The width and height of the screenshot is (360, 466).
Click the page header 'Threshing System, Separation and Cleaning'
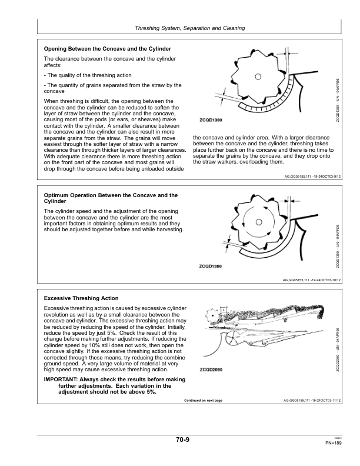(x=190, y=28)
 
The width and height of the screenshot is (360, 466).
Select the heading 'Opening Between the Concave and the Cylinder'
(x=108, y=48)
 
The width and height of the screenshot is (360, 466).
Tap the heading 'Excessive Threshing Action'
(x=81, y=298)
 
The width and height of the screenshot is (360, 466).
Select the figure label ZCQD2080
(x=211, y=370)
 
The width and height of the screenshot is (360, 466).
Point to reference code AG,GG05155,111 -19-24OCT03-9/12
(x=312, y=176)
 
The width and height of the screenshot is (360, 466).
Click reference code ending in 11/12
(x=312, y=400)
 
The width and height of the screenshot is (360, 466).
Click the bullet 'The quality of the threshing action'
(x=88, y=75)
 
